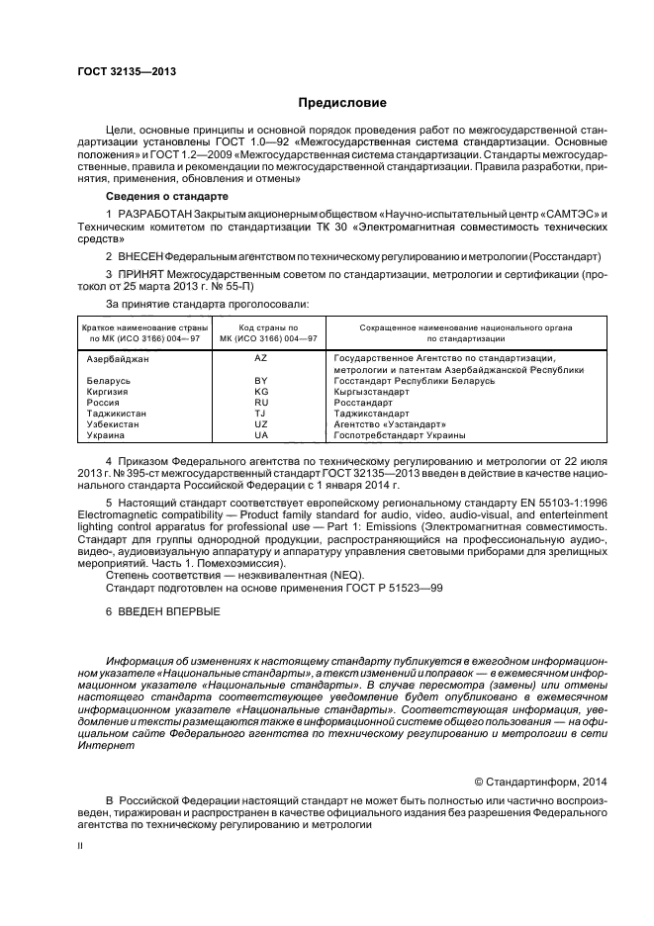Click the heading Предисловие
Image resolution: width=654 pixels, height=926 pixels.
(342, 103)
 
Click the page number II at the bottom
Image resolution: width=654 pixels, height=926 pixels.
(81, 847)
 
